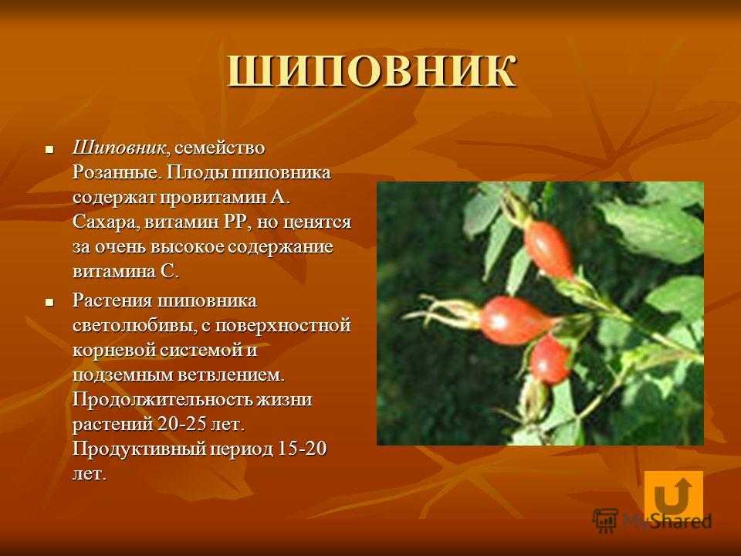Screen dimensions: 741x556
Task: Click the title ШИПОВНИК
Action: (372, 72)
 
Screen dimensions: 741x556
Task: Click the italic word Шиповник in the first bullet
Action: (119, 148)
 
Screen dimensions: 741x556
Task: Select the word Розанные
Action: (115, 172)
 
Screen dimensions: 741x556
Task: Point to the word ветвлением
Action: (231, 375)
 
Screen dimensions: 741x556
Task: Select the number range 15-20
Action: (302, 449)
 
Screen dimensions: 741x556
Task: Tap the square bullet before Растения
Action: (49, 302)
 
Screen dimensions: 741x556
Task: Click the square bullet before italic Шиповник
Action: (49, 150)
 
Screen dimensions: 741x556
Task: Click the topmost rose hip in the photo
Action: (549, 250)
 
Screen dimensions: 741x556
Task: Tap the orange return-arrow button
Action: (673, 494)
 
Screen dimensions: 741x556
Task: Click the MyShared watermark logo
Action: (652, 521)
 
